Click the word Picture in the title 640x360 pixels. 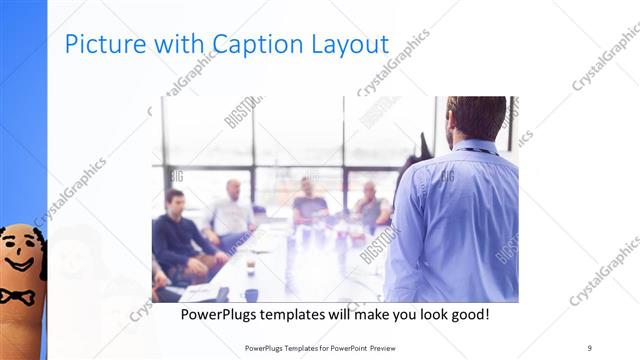click(98, 44)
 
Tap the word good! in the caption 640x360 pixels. click(467, 314)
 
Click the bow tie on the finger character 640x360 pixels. click(17, 296)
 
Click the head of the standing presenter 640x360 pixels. click(476, 118)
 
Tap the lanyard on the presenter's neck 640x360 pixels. click(476, 151)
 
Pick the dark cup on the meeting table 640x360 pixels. click(250, 294)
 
